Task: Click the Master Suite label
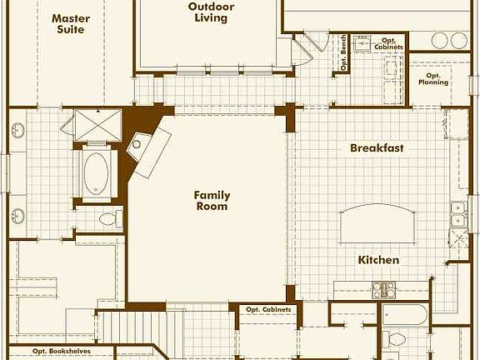[70, 23]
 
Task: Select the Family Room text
[212, 201]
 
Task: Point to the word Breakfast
[377, 147]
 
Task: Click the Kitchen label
[378, 260]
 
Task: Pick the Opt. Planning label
[432, 78]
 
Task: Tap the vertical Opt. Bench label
[343, 55]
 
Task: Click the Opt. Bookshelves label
[62, 352]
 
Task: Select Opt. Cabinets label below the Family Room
[268, 310]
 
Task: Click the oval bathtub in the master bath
[97, 173]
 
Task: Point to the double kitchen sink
[457, 215]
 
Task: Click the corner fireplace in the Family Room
[146, 150]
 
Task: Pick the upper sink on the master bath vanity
[18, 131]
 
